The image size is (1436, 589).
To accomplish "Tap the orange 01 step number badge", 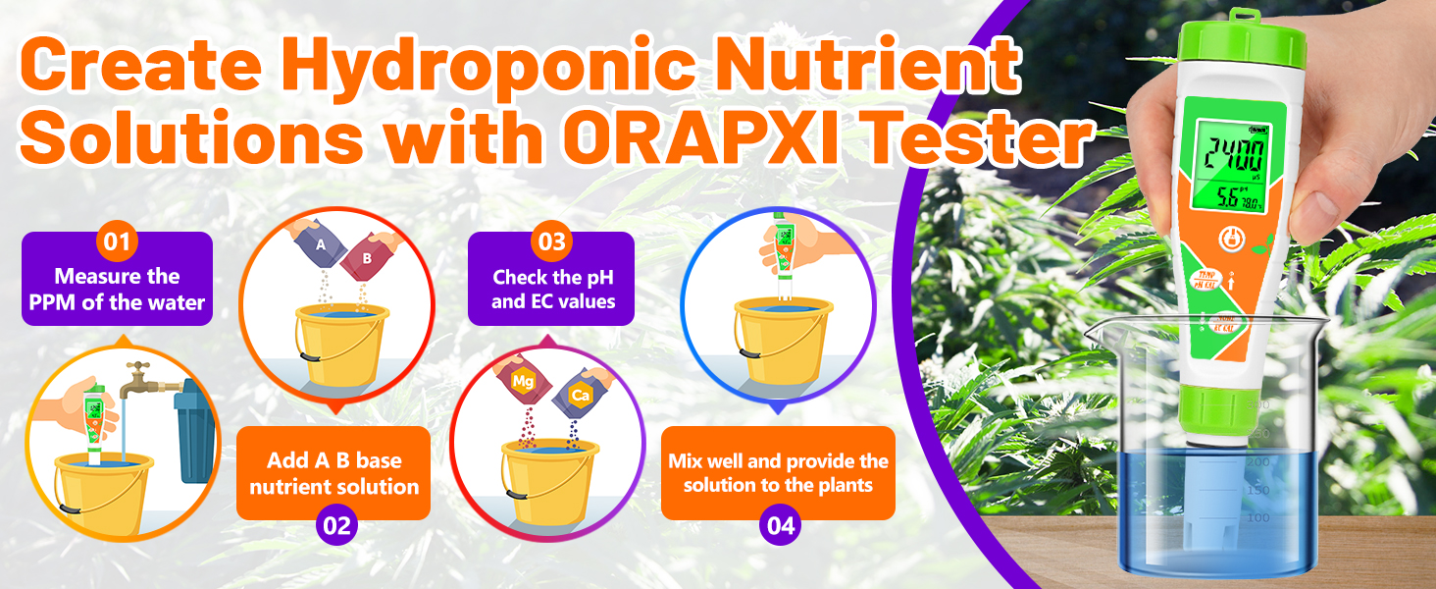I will pos(117,242).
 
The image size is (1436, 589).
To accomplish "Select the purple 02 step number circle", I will pos(335,525).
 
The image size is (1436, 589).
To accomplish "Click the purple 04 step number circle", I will pos(781,525).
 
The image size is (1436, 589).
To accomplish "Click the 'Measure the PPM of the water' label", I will pos(117,289).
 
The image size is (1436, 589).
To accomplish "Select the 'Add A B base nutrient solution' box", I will pos(333,473).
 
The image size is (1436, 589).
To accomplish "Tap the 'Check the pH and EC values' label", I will pos(552,289).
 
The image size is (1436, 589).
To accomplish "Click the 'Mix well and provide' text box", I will pos(778,472).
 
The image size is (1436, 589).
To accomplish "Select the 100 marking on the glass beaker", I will pos(1258,517).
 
